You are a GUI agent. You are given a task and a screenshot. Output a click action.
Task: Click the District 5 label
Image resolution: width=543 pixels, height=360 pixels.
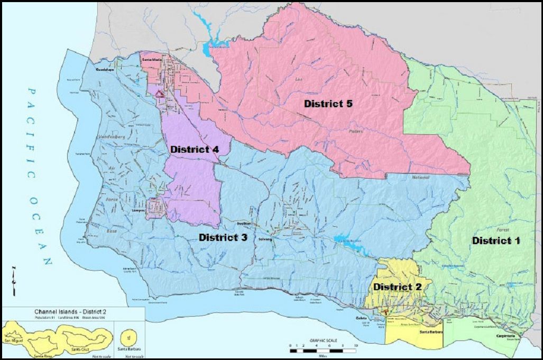pyautogui.click(x=328, y=104)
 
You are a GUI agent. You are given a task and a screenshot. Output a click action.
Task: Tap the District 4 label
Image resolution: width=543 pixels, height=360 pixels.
pyautogui.click(x=195, y=149)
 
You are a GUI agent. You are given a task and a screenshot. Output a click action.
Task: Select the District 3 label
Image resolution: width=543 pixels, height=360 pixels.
pyautogui.click(x=223, y=237)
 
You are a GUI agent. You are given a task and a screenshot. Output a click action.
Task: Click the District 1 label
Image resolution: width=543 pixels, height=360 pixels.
pyautogui.click(x=496, y=241)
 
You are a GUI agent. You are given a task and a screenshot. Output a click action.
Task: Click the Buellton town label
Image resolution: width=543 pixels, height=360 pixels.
pyautogui.click(x=243, y=224)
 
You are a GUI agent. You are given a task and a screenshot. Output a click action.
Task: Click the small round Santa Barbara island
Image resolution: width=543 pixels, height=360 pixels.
pyautogui.click(x=127, y=335)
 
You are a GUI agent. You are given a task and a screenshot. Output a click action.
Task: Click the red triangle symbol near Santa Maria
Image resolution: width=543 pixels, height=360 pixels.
pyautogui.click(x=158, y=94)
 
